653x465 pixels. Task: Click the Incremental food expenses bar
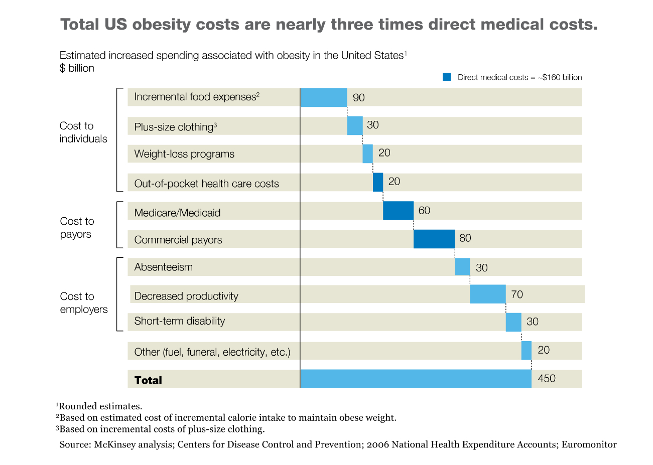pyautogui.click(x=324, y=97)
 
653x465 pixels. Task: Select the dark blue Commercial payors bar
pyautogui.click(x=434, y=239)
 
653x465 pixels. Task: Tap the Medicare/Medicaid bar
pyautogui.click(x=398, y=211)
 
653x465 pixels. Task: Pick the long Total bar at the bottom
pyautogui.click(x=416, y=379)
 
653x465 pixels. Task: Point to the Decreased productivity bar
pyautogui.click(x=487, y=294)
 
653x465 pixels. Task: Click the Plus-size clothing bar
pyautogui.click(x=354, y=125)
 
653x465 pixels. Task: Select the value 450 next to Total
pyautogui.click(x=547, y=379)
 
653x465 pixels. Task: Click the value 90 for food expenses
pyautogui.click(x=359, y=98)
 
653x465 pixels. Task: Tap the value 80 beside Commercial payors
pyautogui.click(x=465, y=238)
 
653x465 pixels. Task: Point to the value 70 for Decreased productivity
pyautogui.click(x=517, y=294)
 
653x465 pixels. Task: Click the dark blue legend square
pyautogui.click(x=447, y=77)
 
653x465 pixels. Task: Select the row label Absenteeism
pyautogui.click(x=164, y=267)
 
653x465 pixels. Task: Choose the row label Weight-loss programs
pyautogui.click(x=184, y=154)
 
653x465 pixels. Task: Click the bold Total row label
pyautogui.click(x=148, y=380)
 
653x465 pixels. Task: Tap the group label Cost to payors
pyautogui.click(x=77, y=228)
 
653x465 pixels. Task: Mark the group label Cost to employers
pyautogui.click(x=83, y=303)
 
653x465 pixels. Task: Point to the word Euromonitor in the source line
pyautogui.click(x=589, y=444)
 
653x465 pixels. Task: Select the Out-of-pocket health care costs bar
pyautogui.click(x=378, y=182)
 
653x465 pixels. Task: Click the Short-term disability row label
pyautogui.click(x=180, y=321)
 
